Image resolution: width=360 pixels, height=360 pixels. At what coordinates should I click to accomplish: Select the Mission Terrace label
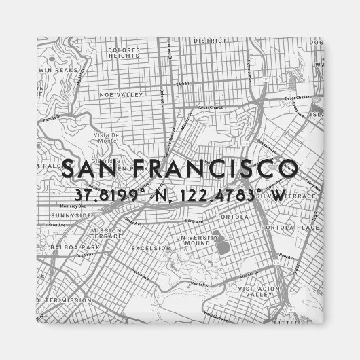(107, 234)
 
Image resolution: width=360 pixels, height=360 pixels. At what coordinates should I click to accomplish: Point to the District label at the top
(209, 40)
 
